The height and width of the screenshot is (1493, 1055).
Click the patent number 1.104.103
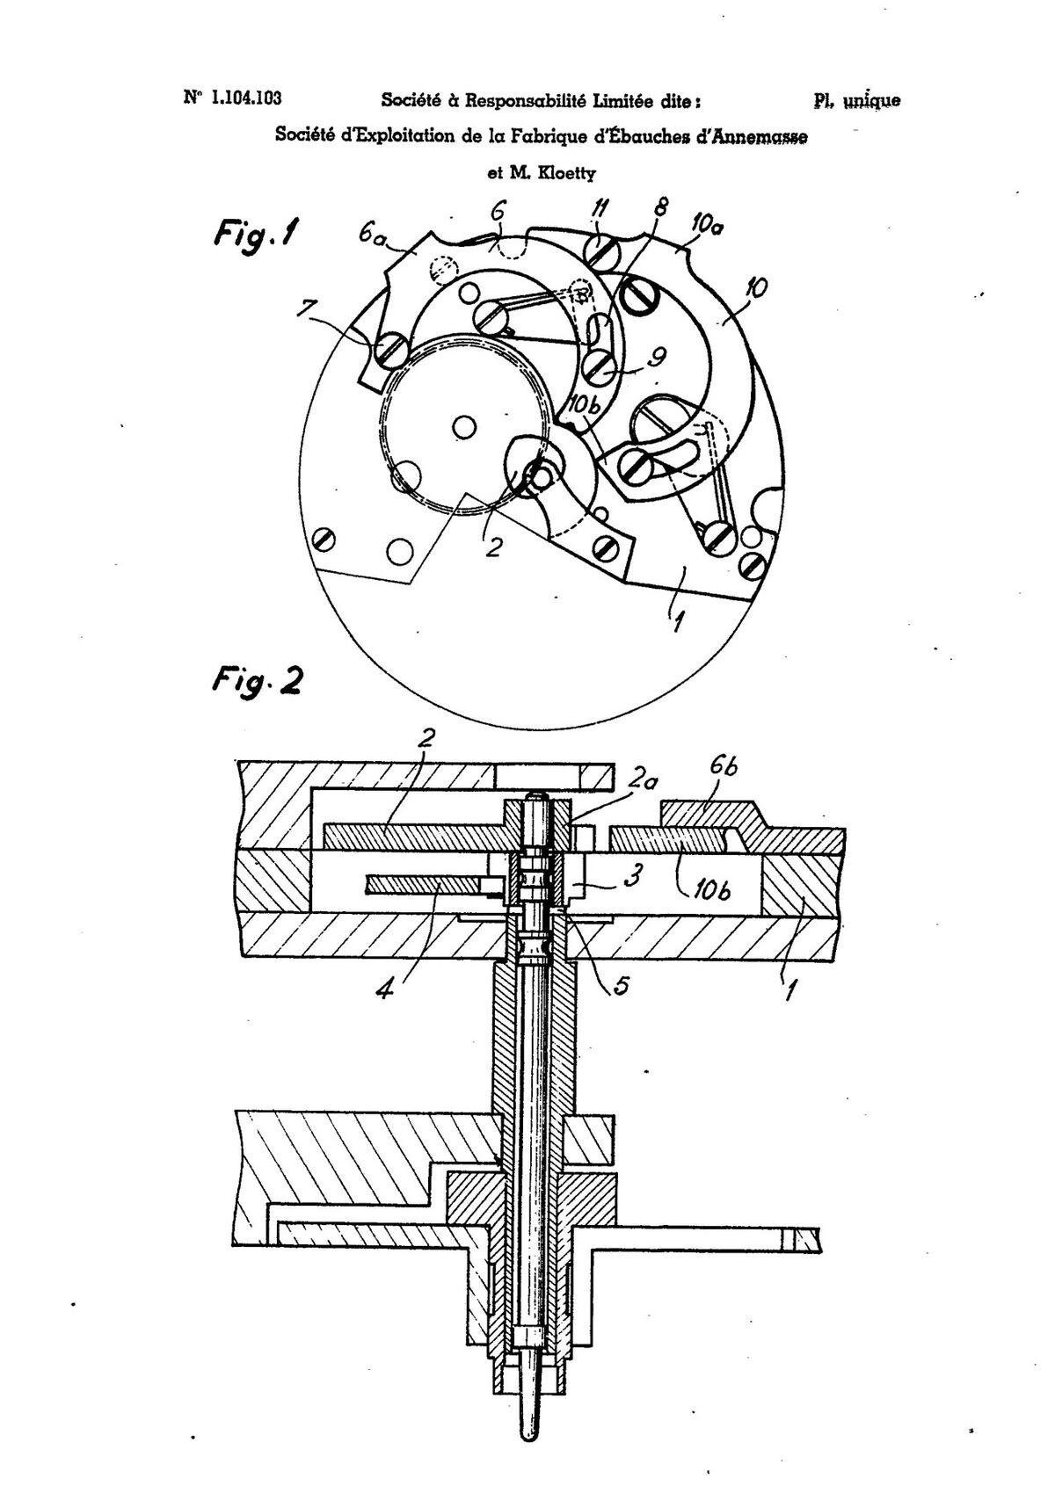click(x=246, y=98)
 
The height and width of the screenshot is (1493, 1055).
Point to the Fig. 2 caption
click(x=257, y=680)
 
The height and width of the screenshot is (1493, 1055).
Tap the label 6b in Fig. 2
click(x=724, y=766)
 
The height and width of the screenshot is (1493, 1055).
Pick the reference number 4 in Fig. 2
click(x=385, y=986)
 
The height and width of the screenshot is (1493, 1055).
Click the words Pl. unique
click(x=857, y=101)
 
